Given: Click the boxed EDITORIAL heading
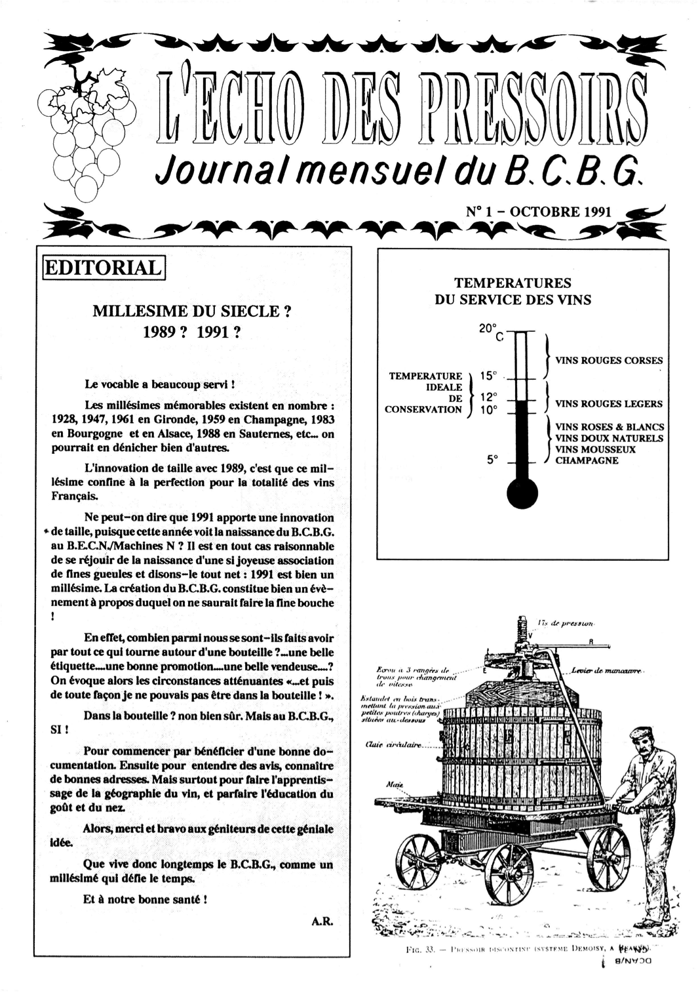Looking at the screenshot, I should tap(104, 268).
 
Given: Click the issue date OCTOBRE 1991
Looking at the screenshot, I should tap(560, 212).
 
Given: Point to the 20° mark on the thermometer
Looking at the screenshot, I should tap(488, 329).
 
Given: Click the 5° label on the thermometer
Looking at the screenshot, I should tap(492, 460).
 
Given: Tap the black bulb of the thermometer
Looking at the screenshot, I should tap(522, 493).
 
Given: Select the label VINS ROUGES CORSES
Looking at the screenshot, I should tap(609, 360).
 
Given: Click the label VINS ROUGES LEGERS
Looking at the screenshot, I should tap(609, 404).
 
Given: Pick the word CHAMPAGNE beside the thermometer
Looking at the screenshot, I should tap(587, 460).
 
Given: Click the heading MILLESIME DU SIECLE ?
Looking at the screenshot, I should tap(192, 312).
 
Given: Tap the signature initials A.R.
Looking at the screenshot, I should tap(322, 921).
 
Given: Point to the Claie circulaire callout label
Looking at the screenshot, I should tap(393, 745).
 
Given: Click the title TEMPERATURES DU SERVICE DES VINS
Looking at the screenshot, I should tap(513, 291).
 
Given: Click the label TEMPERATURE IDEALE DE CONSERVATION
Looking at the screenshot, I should tap(425, 392).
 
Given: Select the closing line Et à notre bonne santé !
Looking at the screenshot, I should tap(145, 899).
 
